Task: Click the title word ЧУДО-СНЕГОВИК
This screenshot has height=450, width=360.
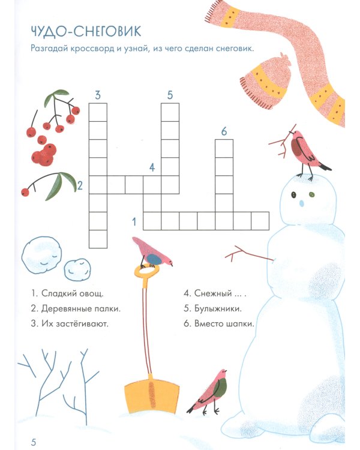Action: (x=86, y=31)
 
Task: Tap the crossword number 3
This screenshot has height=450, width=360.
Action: (x=98, y=95)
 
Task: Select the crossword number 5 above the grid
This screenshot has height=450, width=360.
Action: (x=170, y=95)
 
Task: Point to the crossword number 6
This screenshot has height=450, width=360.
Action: (x=224, y=131)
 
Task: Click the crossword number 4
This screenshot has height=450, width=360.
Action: (x=152, y=167)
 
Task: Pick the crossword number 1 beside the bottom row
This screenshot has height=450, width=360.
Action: (x=134, y=221)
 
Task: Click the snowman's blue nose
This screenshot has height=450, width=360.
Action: (x=301, y=203)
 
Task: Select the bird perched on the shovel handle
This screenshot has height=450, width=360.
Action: (x=152, y=253)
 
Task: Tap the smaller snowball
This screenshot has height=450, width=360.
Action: (x=77, y=270)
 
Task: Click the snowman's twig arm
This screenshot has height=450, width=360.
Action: (x=249, y=254)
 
